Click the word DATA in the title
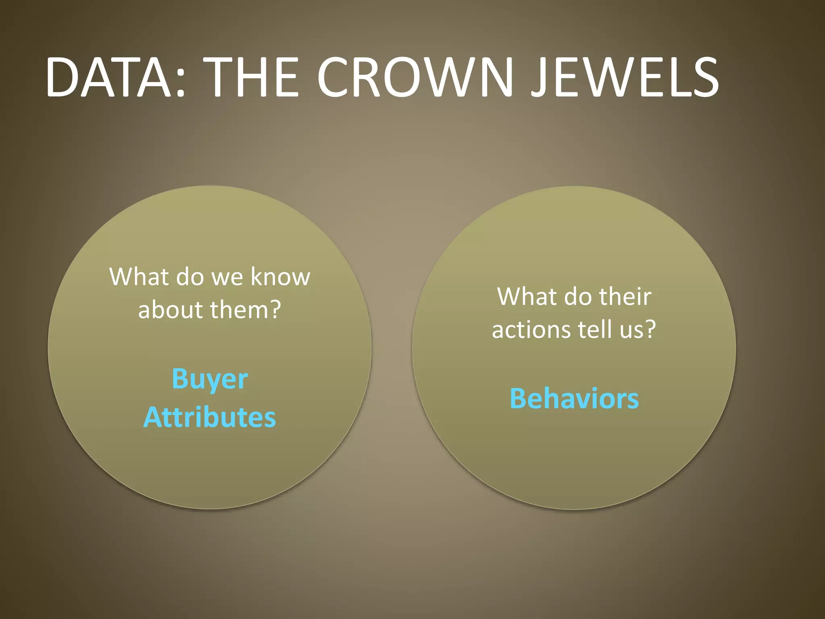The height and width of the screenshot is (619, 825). point(109,77)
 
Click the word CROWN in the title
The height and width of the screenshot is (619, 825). point(415,77)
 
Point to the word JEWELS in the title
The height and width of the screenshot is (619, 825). point(624,77)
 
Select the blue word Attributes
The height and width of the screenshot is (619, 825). point(209,417)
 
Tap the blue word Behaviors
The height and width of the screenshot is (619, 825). point(574,399)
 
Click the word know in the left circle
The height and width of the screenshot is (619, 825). point(280,277)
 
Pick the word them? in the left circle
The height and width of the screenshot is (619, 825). point(245,310)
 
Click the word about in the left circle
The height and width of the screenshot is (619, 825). point(170,310)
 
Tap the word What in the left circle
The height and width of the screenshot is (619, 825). point(138,277)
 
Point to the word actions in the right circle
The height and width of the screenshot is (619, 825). point(531,330)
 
